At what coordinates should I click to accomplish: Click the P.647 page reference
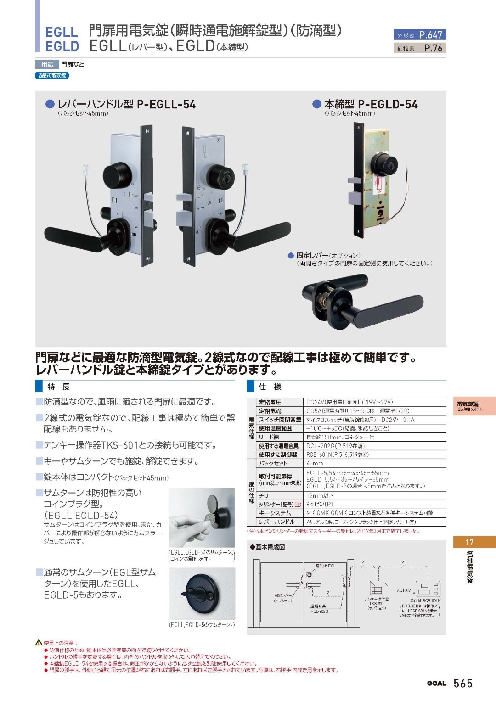click(x=431, y=35)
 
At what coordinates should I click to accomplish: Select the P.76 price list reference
click(x=433, y=48)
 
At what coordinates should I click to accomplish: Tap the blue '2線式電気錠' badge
click(x=52, y=75)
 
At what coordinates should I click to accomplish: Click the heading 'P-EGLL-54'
click(x=166, y=105)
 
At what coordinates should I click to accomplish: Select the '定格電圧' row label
click(x=270, y=402)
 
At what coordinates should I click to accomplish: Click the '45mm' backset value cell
click(x=315, y=463)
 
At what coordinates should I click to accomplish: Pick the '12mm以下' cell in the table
click(x=320, y=495)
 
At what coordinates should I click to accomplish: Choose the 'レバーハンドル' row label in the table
click(x=276, y=522)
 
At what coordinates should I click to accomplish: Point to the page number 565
click(x=463, y=683)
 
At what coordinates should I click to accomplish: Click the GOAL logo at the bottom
click(x=436, y=684)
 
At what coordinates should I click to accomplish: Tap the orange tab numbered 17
click(x=470, y=542)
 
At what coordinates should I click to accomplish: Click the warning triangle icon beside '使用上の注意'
click(x=39, y=643)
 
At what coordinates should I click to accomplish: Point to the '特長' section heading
click(x=58, y=387)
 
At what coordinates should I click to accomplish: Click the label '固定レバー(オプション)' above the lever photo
click(x=328, y=255)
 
